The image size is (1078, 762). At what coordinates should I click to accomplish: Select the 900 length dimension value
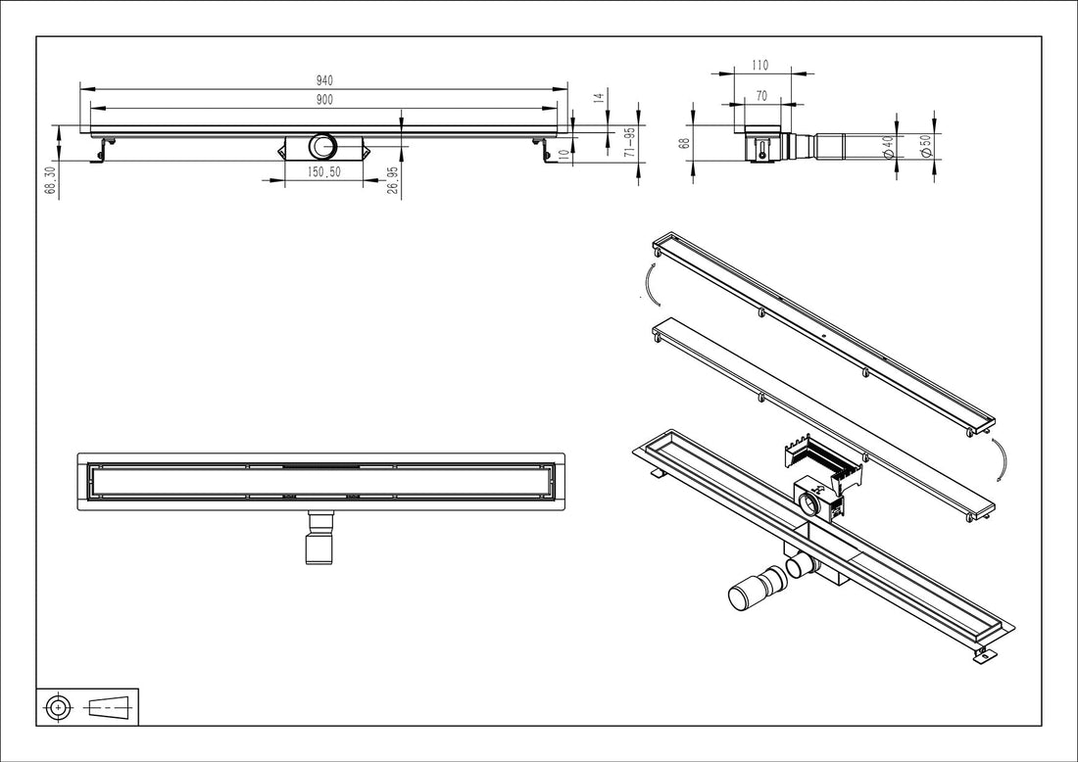(x=323, y=100)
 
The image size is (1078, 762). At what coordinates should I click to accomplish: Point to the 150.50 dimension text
(x=323, y=171)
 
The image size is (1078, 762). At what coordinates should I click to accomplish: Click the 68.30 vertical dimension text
(x=50, y=180)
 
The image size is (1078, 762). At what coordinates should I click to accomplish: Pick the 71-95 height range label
(x=630, y=142)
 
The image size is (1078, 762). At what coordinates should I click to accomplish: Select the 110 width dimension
(x=760, y=66)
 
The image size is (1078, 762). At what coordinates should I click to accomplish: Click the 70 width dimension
(x=760, y=97)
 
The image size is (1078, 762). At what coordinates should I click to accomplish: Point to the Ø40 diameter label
(x=887, y=149)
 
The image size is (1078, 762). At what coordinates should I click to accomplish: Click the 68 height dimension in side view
(x=686, y=142)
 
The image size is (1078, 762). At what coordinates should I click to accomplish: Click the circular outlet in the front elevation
(x=323, y=148)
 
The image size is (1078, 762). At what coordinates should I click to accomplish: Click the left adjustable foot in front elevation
(x=101, y=151)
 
